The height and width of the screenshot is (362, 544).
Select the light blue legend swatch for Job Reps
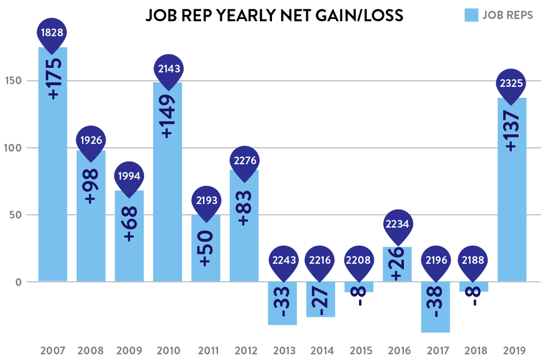[x=472, y=15]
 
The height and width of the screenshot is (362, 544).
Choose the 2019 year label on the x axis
[x=512, y=349]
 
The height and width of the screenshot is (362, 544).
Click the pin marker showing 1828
[x=52, y=33]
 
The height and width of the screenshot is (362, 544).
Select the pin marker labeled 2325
[x=512, y=84]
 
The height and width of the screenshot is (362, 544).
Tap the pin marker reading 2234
[x=397, y=223]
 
